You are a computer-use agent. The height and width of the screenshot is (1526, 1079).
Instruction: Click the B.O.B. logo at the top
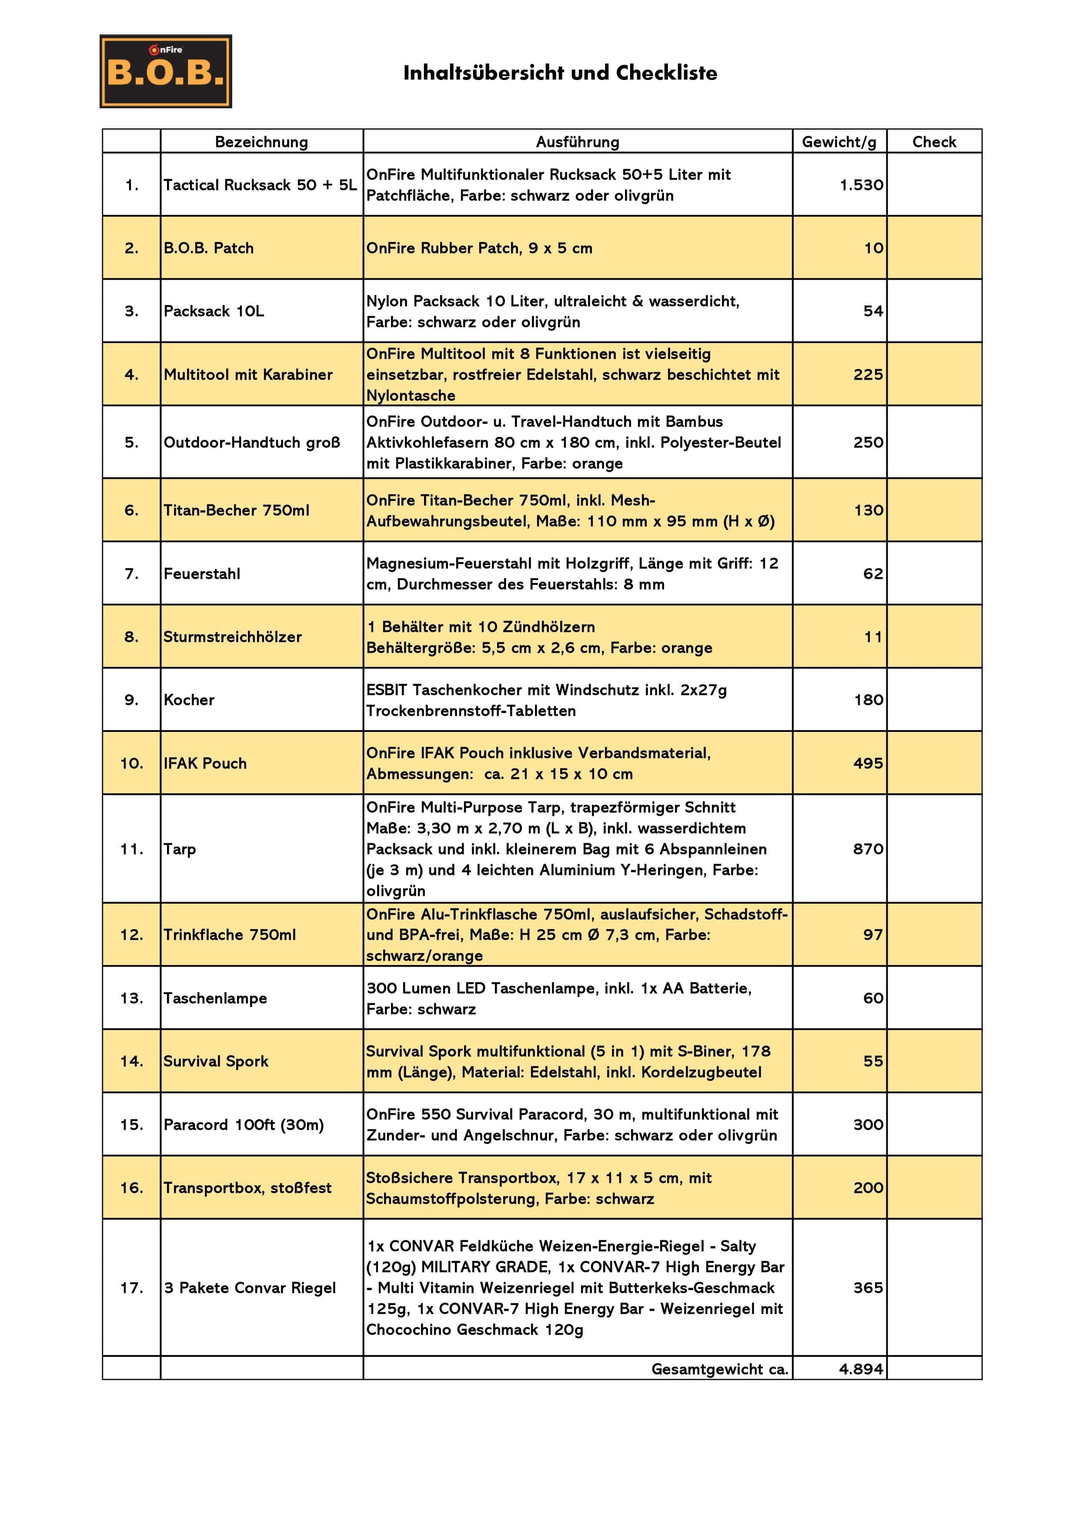(166, 71)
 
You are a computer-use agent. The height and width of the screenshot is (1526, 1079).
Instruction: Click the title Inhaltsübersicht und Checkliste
(560, 73)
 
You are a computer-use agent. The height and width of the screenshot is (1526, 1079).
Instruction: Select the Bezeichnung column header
(261, 142)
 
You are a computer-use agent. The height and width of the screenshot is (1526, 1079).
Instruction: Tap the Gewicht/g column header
(839, 142)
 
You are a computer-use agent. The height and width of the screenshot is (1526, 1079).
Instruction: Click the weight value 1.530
(861, 185)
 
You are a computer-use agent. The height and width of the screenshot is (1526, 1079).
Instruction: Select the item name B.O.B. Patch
(209, 248)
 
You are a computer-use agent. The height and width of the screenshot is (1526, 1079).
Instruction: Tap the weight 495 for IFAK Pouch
(868, 763)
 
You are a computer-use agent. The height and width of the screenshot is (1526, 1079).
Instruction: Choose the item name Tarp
(180, 849)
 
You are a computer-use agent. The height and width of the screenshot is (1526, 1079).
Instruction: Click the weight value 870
(868, 849)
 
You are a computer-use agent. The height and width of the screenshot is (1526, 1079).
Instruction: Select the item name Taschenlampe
(215, 998)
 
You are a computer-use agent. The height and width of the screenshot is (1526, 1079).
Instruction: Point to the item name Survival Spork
(216, 1061)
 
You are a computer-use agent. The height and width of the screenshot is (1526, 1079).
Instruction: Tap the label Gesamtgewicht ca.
(719, 1369)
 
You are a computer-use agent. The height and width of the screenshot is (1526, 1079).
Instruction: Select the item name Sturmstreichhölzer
(233, 637)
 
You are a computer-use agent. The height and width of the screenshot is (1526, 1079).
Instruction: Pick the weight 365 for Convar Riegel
(868, 1287)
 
